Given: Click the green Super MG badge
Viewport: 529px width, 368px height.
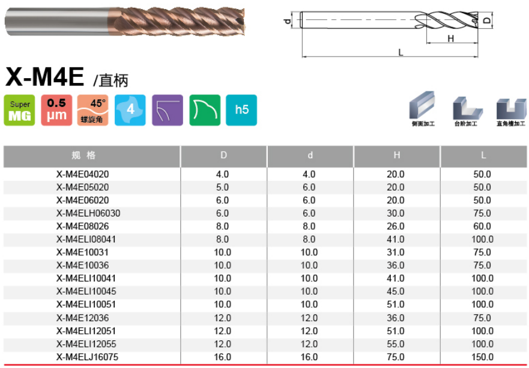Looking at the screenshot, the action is [19, 110].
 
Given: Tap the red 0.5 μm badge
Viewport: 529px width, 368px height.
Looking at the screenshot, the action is [56, 110].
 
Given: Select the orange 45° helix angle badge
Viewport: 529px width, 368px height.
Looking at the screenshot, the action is [93, 110].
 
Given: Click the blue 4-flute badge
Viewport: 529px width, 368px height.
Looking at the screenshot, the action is [130, 110].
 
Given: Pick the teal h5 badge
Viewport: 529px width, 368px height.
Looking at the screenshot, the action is [241, 110].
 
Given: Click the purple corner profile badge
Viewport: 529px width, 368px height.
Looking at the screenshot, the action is [168, 110].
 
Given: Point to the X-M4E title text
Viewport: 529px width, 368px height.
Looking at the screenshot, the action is [44, 77].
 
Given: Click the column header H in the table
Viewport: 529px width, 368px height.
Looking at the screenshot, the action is [397, 155].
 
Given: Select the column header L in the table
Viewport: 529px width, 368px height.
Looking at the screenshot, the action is [483, 155].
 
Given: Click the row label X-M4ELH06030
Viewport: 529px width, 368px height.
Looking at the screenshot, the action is [88, 213].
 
